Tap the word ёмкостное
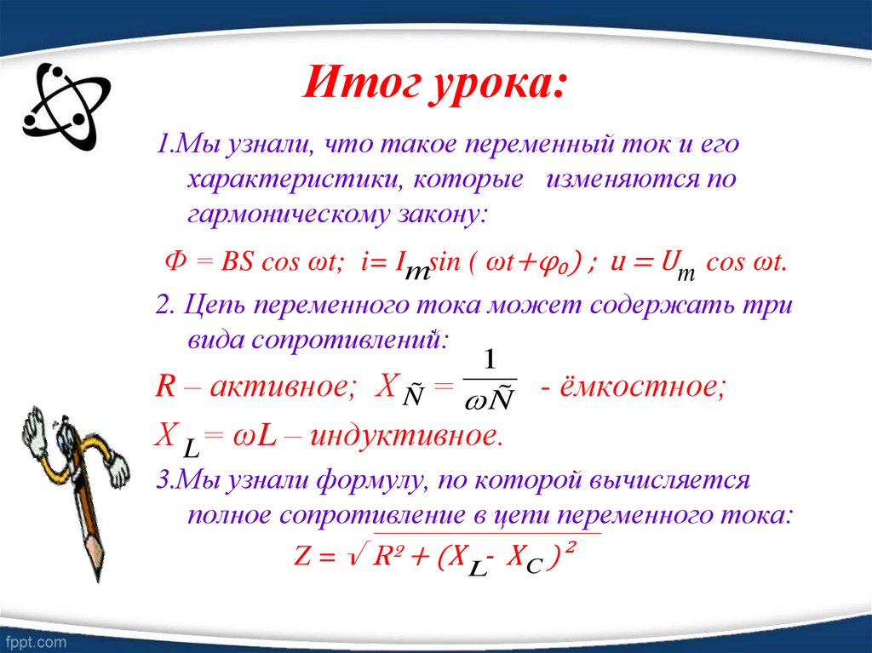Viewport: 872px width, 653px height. (648, 387)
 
